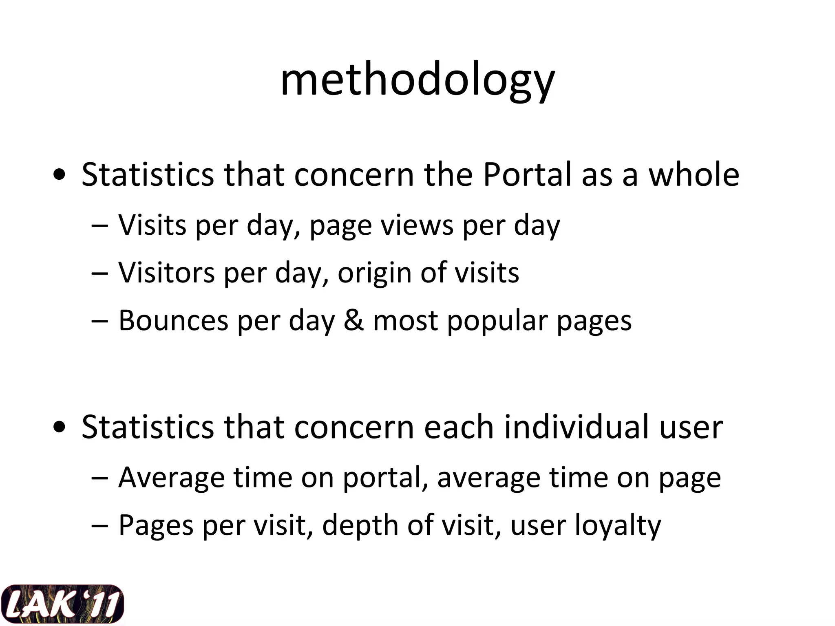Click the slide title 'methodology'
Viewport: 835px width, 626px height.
click(x=417, y=79)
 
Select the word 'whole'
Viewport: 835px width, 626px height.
click(x=694, y=174)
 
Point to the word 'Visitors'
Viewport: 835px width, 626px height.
click(x=166, y=272)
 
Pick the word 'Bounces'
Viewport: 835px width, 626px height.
click(x=173, y=320)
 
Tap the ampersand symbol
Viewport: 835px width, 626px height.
click(x=353, y=320)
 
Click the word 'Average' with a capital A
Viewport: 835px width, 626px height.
click(x=171, y=478)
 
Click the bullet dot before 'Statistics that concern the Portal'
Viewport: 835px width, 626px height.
click(x=60, y=176)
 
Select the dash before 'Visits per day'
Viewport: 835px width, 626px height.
click(x=100, y=225)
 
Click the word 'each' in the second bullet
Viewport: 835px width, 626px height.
click(x=459, y=427)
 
